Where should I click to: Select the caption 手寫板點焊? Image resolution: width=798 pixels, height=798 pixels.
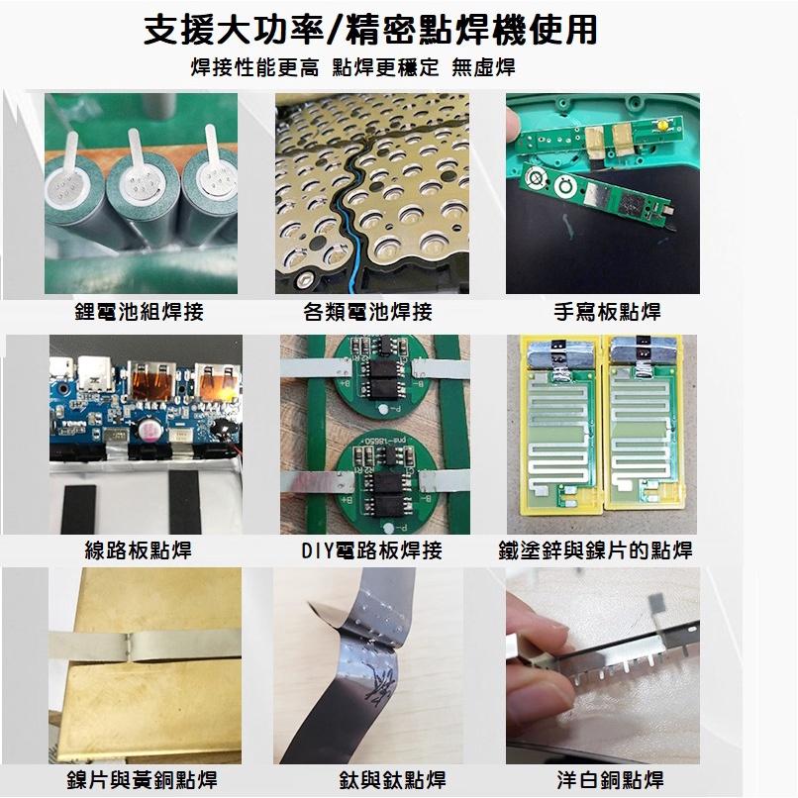[607, 313]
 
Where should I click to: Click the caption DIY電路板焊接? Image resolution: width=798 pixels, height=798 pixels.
[371, 550]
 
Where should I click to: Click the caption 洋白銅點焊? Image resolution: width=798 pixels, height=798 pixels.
[610, 778]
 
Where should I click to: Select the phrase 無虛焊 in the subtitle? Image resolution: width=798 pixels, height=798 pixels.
[483, 68]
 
